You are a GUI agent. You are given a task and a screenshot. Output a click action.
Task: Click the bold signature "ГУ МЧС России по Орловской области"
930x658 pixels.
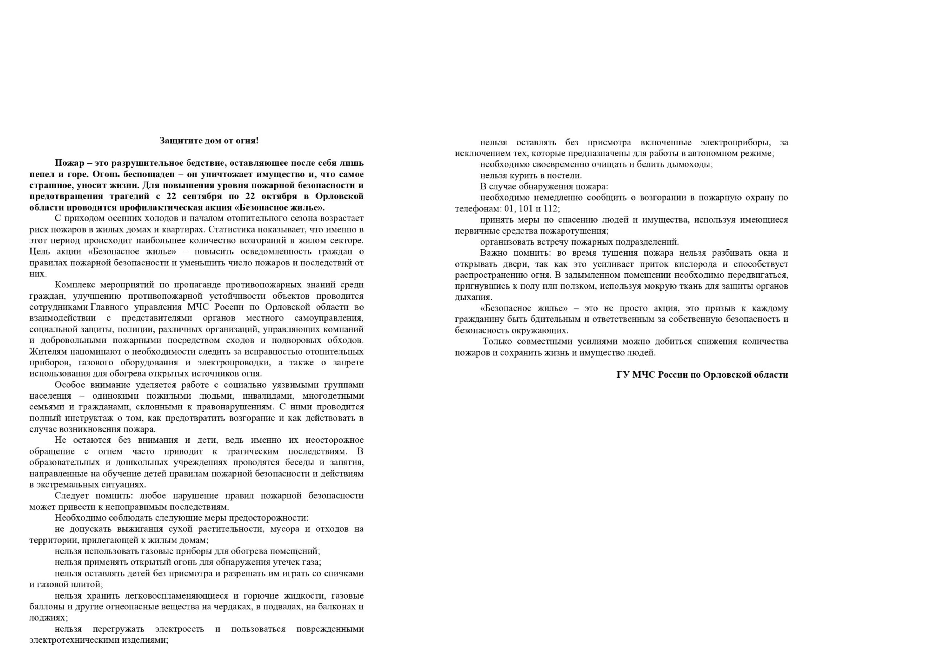pyautogui.click(x=702, y=374)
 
